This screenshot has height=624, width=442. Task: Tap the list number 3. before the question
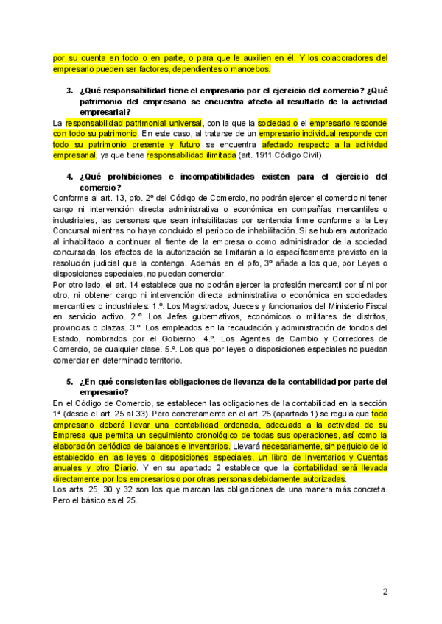point(69,91)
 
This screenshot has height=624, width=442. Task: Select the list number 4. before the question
point(69,177)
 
